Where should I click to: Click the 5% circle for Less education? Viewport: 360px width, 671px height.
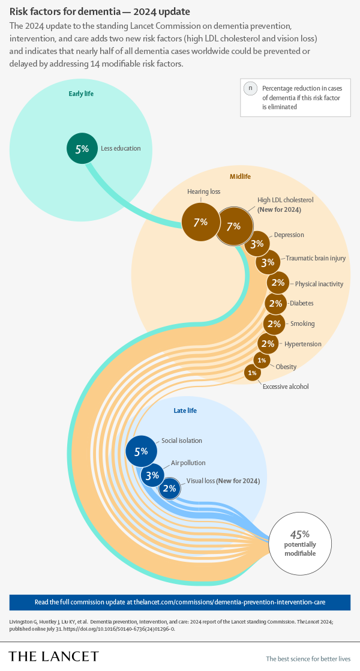click(x=82, y=148)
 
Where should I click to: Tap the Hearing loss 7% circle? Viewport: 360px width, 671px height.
click(x=200, y=222)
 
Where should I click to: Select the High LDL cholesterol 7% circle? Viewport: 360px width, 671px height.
click(x=233, y=226)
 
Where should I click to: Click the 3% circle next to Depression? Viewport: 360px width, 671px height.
click(x=257, y=244)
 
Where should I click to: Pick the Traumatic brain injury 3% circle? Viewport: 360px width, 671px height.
click(x=268, y=262)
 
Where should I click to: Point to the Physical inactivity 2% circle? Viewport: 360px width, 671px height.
click(x=278, y=283)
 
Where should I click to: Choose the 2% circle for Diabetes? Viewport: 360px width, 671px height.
click(x=275, y=304)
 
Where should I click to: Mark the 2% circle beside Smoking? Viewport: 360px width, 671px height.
click(x=274, y=324)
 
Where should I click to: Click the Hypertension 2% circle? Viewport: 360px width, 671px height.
click(x=268, y=344)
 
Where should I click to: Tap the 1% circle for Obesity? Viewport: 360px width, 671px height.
click(x=261, y=360)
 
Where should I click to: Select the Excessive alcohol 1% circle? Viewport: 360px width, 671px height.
click(x=252, y=373)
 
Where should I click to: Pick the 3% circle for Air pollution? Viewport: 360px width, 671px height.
click(x=152, y=475)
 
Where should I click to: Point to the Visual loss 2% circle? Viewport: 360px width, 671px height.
click(x=169, y=489)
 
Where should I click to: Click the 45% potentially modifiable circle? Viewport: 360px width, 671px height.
click(x=299, y=543)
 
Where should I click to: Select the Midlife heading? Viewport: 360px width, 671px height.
click(x=240, y=176)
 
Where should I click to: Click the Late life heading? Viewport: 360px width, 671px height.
click(x=185, y=411)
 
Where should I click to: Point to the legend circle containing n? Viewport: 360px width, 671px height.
click(x=249, y=88)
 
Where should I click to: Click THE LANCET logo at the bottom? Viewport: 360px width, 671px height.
click(x=53, y=656)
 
